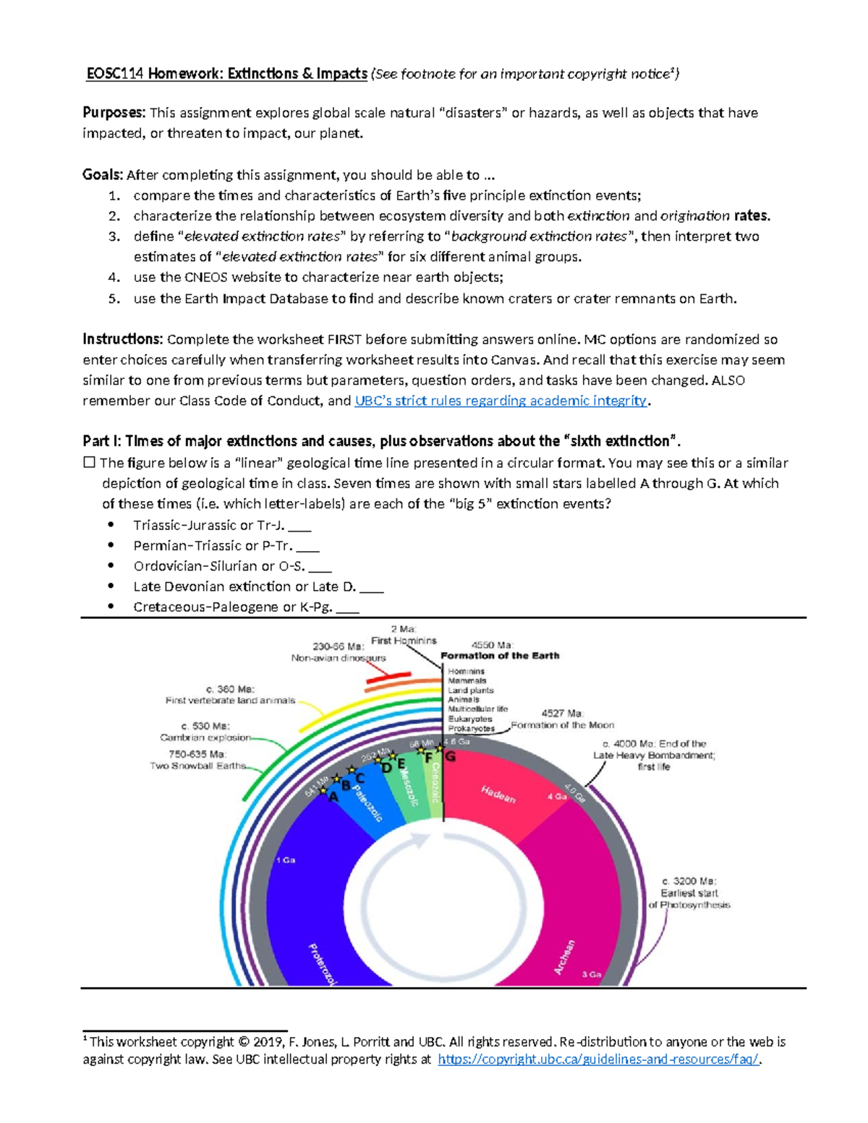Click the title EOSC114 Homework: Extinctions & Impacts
(x=226, y=74)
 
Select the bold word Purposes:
(x=114, y=113)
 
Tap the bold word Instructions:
(x=122, y=339)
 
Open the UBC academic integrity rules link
(x=501, y=401)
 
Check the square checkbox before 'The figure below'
(x=89, y=463)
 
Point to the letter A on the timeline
(x=333, y=796)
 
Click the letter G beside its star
(x=451, y=756)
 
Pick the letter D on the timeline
(x=386, y=767)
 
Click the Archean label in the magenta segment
(x=565, y=957)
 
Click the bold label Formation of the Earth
(x=500, y=656)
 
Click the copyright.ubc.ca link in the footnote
(x=599, y=1059)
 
